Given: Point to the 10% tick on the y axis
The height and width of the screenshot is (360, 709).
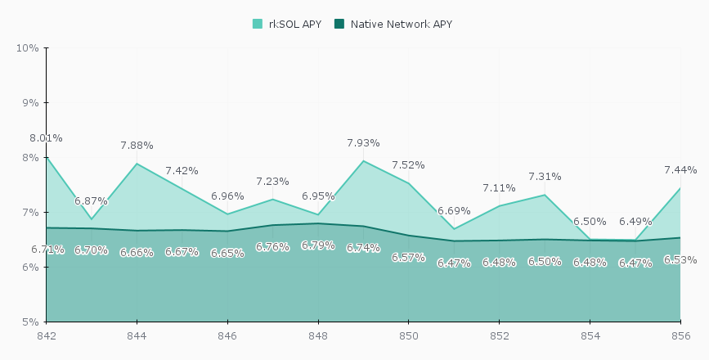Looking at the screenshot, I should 28,47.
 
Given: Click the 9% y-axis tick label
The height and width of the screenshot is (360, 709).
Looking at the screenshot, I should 30,102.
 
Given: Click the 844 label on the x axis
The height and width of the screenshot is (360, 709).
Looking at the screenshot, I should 137,335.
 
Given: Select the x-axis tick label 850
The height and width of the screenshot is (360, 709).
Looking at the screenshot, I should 409,335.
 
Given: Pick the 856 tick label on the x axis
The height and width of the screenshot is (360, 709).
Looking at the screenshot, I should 680,335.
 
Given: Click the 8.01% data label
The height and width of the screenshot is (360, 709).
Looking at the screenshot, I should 46,138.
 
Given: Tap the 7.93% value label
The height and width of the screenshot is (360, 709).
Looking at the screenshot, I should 363,143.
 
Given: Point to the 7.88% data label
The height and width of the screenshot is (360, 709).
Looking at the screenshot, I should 137,146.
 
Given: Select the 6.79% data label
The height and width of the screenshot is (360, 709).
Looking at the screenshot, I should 317,245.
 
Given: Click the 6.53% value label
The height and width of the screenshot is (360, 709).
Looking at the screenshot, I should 680,260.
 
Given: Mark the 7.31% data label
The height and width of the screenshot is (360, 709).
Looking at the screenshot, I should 545,177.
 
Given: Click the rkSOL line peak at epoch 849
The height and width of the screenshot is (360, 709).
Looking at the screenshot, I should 363,160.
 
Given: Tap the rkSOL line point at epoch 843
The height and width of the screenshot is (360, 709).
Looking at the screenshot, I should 92,219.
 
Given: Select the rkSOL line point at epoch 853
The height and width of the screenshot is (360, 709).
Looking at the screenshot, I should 545,195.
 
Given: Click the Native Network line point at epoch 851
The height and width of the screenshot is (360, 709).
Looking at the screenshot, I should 454,241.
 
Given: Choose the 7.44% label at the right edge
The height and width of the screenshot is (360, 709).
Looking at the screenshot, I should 680,170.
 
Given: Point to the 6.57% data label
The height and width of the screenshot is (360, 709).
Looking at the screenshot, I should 408,258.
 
